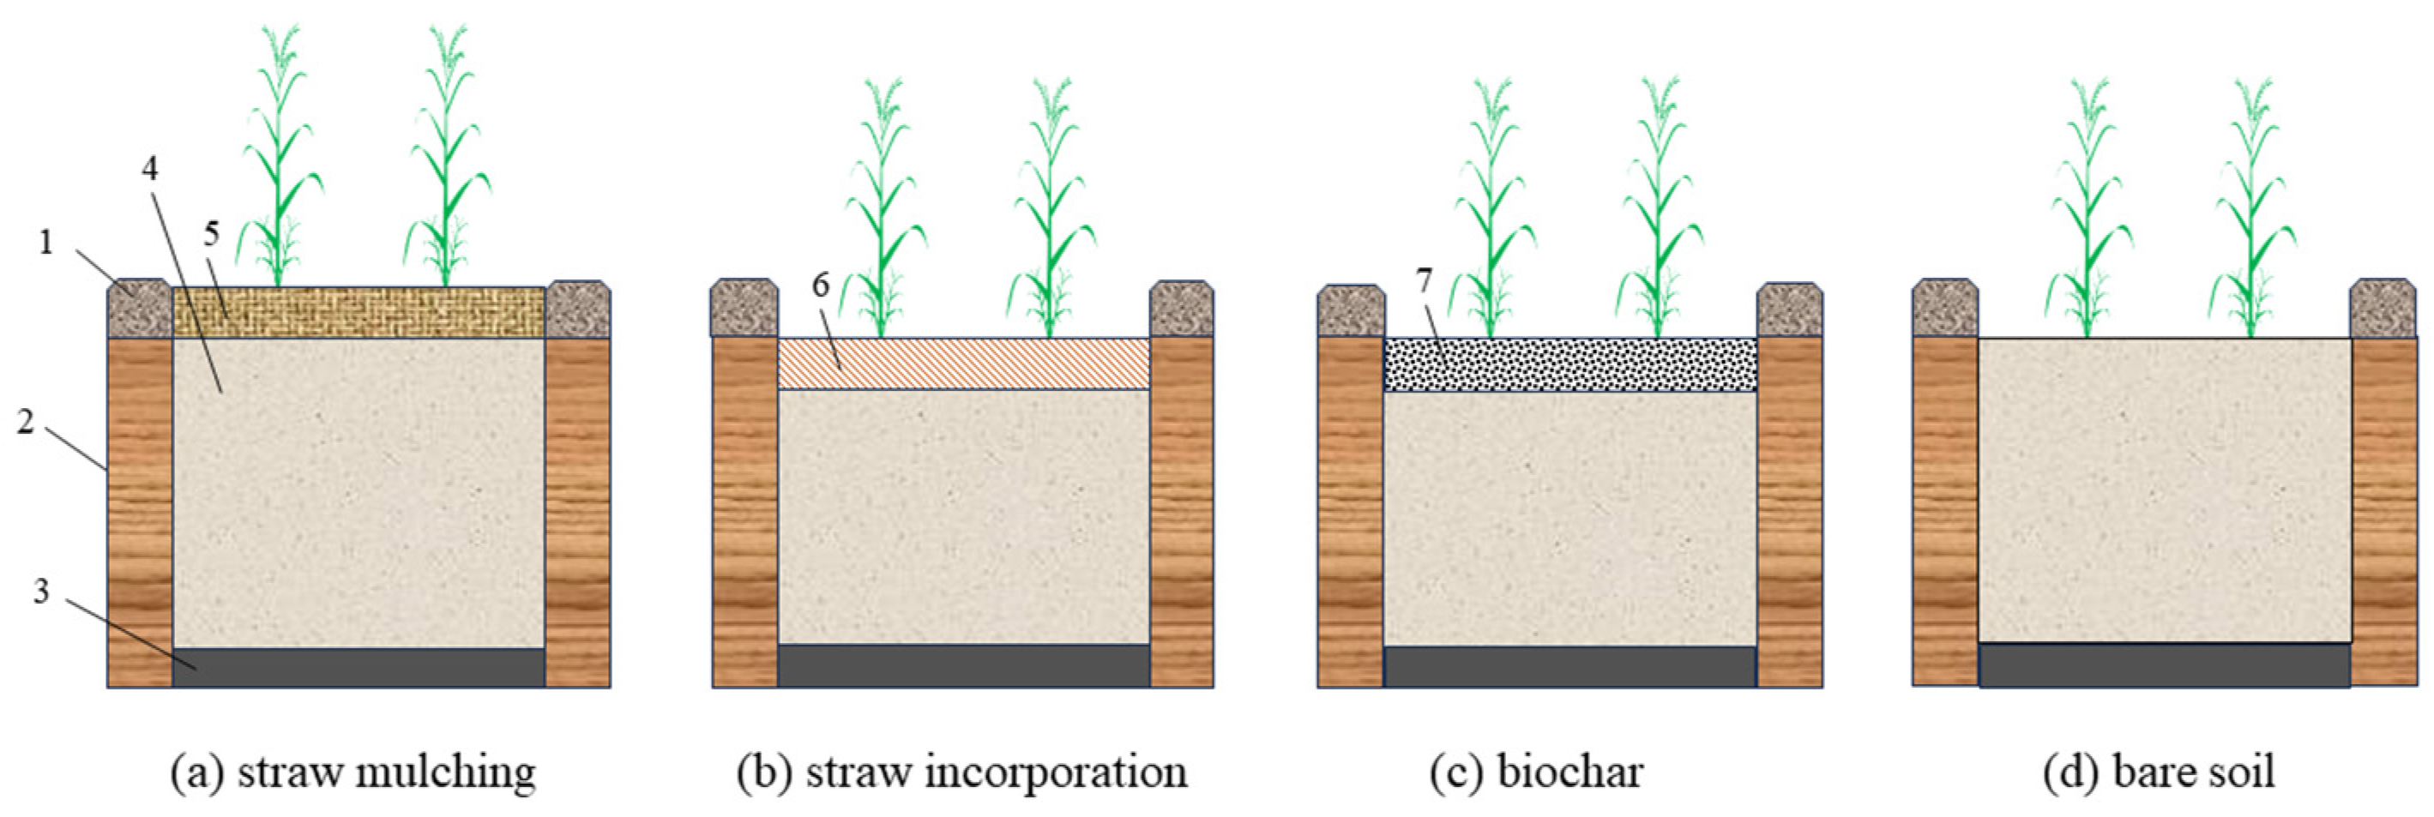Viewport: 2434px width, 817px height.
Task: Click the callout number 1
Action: point(45,243)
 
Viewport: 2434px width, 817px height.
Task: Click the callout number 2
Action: point(26,421)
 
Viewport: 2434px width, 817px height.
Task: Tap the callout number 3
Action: point(40,592)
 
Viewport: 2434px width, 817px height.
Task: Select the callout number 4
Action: point(149,169)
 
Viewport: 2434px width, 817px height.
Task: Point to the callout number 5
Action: point(212,233)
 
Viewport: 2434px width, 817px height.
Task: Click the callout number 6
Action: point(820,285)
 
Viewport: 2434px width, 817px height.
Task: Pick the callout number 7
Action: point(1424,280)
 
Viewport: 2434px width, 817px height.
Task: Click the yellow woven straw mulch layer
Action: point(359,313)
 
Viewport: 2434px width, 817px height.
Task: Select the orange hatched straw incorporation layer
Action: point(963,364)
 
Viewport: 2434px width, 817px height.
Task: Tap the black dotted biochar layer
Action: point(1569,365)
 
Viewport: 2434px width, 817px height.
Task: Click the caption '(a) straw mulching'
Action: point(353,772)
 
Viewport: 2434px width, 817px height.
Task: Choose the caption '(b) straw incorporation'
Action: point(962,772)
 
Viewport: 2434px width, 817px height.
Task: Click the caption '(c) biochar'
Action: point(1536,772)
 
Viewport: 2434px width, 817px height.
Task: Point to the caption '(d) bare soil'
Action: point(2158,772)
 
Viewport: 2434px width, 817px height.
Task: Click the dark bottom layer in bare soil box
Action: point(2164,666)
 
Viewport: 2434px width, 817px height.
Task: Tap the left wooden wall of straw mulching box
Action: point(140,510)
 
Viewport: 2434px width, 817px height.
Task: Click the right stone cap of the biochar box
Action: point(1790,309)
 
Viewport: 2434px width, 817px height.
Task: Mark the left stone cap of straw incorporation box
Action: point(744,307)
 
